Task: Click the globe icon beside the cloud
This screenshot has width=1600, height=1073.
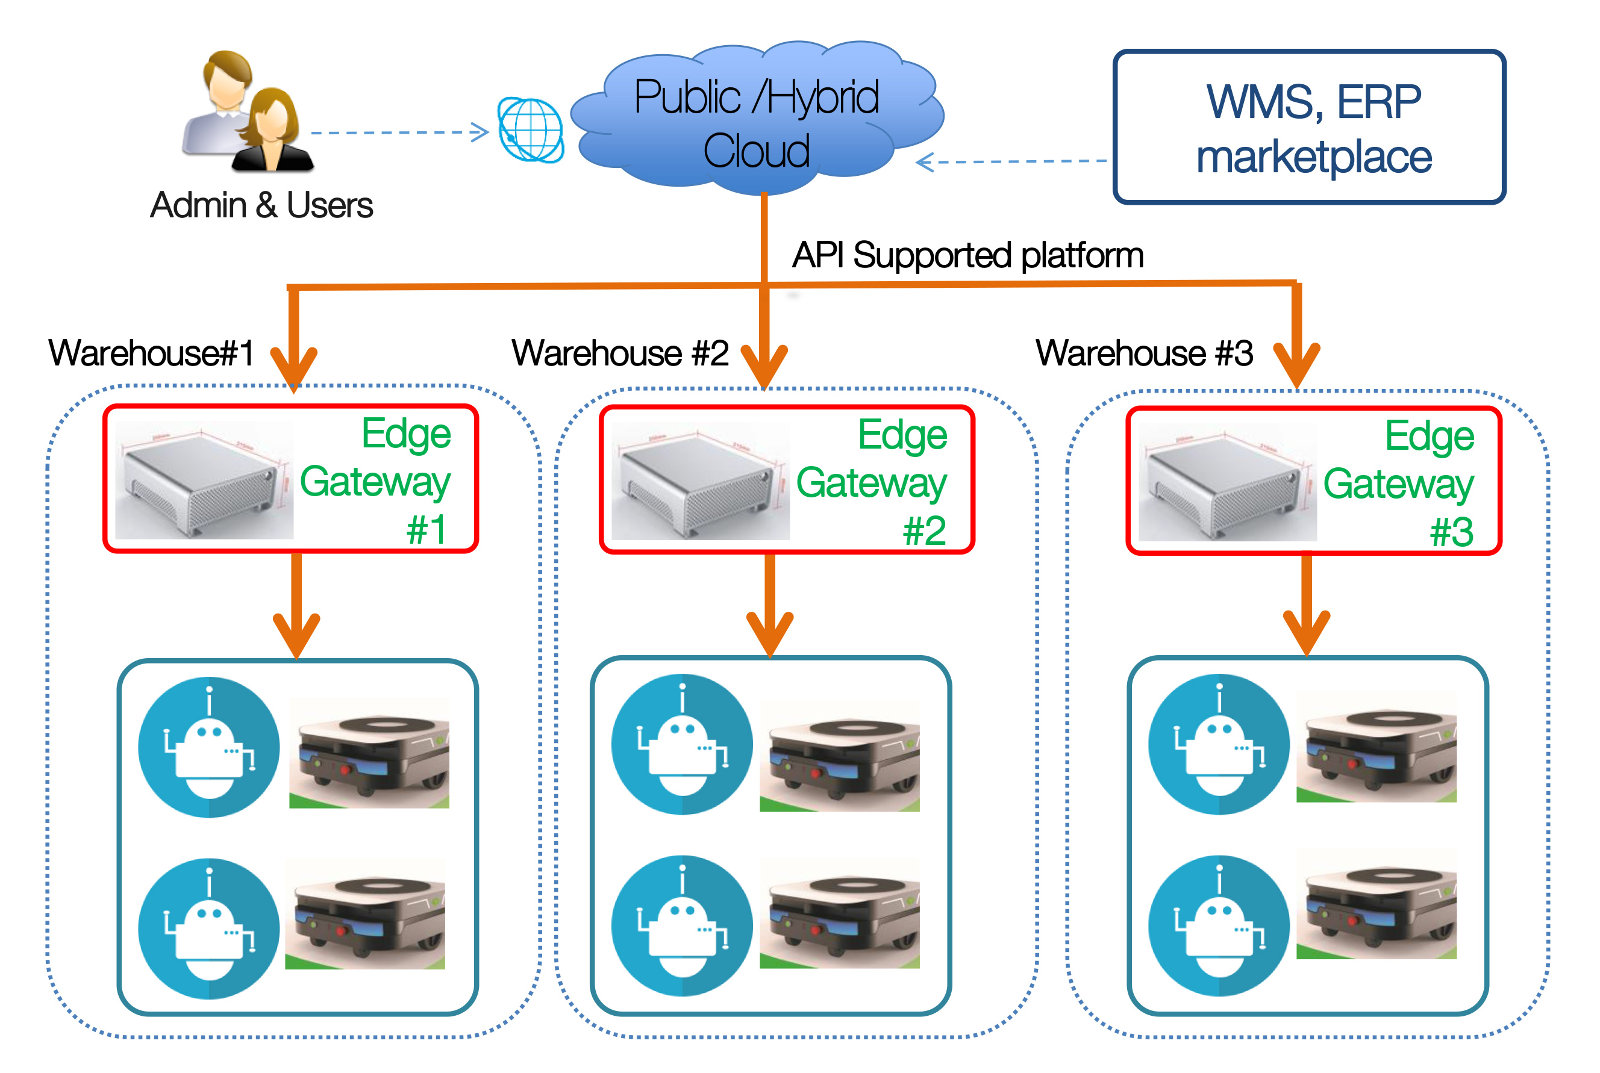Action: click(x=531, y=130)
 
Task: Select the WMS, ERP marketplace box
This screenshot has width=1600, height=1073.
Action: click(x=1309, y=127)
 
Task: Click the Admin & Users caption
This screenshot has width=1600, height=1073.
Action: click(x=261, y=205)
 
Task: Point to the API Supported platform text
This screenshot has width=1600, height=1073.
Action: click(x=967, y=255)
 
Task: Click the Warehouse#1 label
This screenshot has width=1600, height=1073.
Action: click(x=151, y=354)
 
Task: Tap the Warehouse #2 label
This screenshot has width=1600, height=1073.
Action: click(x=620, y=354)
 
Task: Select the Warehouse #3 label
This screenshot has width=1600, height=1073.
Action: click(x=1144, y=354)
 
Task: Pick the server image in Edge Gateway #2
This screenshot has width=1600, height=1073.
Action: click(x=700, y=481)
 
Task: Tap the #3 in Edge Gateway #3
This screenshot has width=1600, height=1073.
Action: click(x=1451, y=532)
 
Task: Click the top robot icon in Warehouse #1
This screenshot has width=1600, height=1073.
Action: click(x=209, y=747)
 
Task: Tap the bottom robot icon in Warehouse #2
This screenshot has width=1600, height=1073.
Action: click(x=682, y=925)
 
